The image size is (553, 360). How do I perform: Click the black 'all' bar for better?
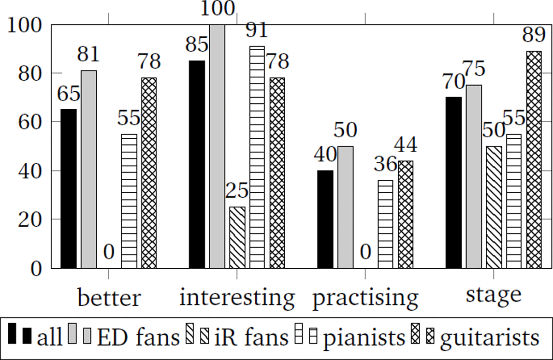point(69,189)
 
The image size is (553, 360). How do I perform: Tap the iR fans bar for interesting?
point(237,237)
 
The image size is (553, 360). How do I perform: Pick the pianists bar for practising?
point(385,224)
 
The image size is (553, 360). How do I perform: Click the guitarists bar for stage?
point(534,159)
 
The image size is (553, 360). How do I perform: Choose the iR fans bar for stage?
point(494,207)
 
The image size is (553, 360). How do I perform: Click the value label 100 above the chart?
point(217,9)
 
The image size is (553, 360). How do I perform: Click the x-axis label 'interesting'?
point(237,299)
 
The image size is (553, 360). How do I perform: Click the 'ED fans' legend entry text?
point(138,338)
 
